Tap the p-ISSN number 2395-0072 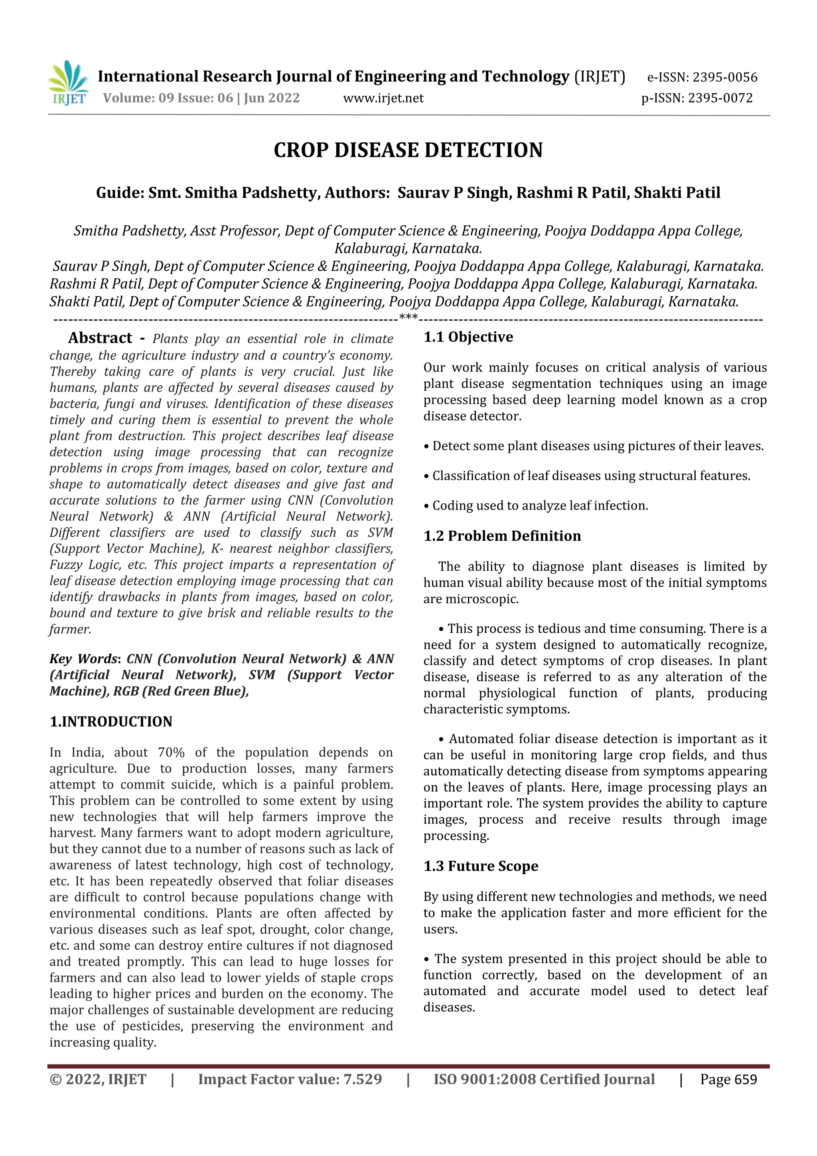[720, 98]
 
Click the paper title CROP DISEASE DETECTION [408, 150]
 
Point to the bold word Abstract [100, 338]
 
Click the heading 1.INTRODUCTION [111, 721]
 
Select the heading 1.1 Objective [468, 337]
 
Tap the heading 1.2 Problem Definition [502, 536]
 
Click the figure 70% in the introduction [171, 753]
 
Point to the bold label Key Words [83, 659]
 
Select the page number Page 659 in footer [728, 1079]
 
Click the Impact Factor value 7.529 [363, 1079]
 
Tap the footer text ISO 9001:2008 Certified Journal [544, 1079]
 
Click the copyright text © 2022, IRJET [98, 1079]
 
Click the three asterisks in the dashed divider [408, 318]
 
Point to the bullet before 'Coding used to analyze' [426, 506]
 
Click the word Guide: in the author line [120, 193]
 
